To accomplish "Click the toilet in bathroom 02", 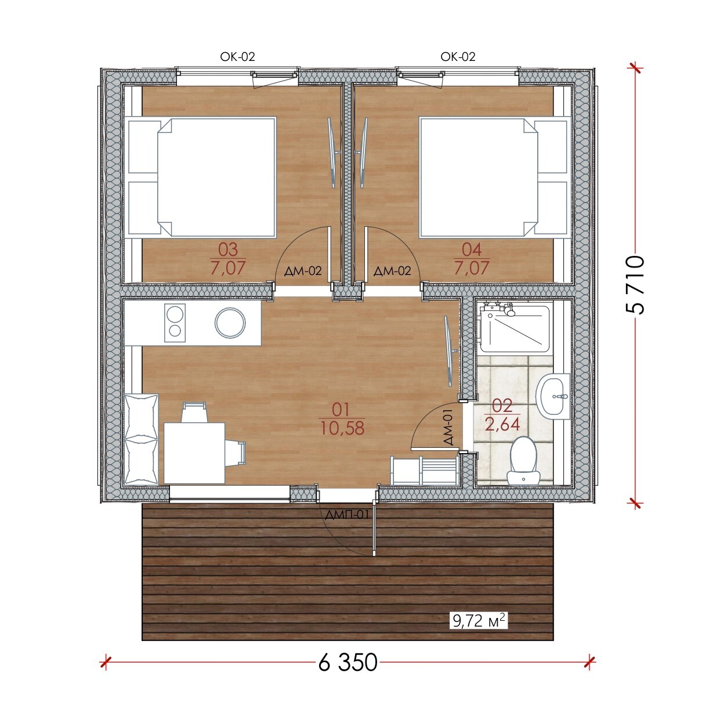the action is [x=523, y=460].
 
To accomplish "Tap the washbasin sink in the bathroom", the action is [x=553, y=397].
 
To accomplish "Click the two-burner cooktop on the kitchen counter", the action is [x=175, y=323].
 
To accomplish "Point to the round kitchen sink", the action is [x=230, y=323].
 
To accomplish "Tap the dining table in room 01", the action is [x=194, y=453].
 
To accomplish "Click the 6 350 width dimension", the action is [x=348, y=663].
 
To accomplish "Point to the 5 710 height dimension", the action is [x=635, y=285].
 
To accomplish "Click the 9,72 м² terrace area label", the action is [x=479, y=621].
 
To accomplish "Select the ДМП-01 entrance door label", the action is [x=347, y=515].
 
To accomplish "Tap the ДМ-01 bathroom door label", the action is [x=448, y=426].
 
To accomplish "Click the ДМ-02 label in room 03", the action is [x=303, y=271].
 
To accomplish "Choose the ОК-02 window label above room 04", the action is [x=458, y=57].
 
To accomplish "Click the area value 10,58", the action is [x=342, y=429].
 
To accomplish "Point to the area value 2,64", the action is [x=502, y=424].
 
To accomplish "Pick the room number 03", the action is [x=228, y=249].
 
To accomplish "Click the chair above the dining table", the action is [x=194, y=412].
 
